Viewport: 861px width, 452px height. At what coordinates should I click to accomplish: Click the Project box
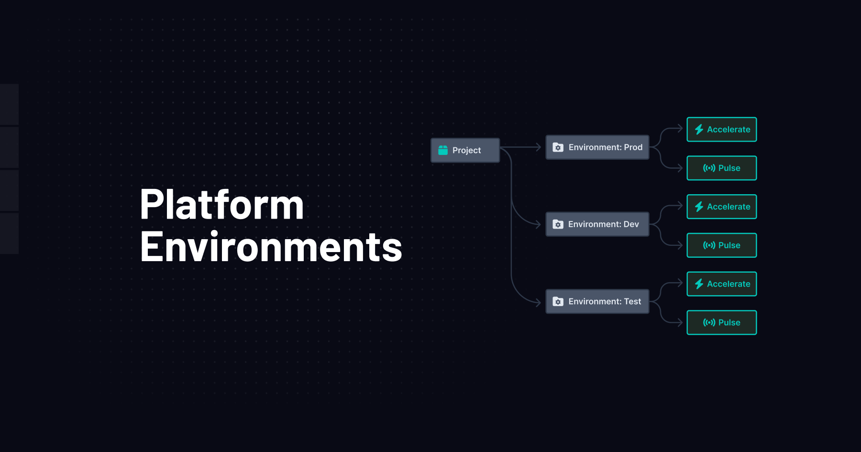pos(465,150)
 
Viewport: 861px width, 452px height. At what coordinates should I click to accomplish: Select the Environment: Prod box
pos(597,147)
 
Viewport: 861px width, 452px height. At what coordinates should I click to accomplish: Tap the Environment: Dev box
pos(597,224)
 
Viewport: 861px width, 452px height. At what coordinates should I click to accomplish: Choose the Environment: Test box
pos(597,301)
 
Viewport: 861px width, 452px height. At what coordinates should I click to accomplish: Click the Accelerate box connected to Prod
pos(721,130)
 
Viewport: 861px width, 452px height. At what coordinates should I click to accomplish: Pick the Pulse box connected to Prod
pos(721,168)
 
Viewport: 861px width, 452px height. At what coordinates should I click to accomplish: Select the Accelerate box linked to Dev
pos(721,207)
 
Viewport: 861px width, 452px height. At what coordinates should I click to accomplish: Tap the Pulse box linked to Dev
pos(721,245)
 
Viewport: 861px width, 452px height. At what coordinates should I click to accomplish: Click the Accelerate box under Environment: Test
pos(721,284)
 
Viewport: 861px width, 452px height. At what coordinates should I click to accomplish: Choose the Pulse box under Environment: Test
pos(721,322)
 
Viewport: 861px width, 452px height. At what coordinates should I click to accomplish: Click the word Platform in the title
pos(222,205)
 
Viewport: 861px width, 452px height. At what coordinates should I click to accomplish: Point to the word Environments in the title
pos(271,247)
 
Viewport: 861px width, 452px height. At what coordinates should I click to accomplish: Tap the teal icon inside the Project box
pos(443,150)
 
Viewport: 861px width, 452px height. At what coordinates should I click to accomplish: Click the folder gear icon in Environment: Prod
pos(558,147)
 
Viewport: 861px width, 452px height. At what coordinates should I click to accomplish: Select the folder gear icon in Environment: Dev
pos(558,224)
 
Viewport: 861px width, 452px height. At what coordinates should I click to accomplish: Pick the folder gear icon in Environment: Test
pos(558,301)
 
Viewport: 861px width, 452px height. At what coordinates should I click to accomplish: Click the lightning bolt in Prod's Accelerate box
pos(699,130)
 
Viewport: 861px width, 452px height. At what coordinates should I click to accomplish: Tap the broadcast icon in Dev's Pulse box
pos(709,245)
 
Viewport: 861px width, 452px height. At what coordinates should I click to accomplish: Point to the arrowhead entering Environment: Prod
pos(539,147)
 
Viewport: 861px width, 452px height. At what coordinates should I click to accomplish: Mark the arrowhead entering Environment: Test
pos(539,302)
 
